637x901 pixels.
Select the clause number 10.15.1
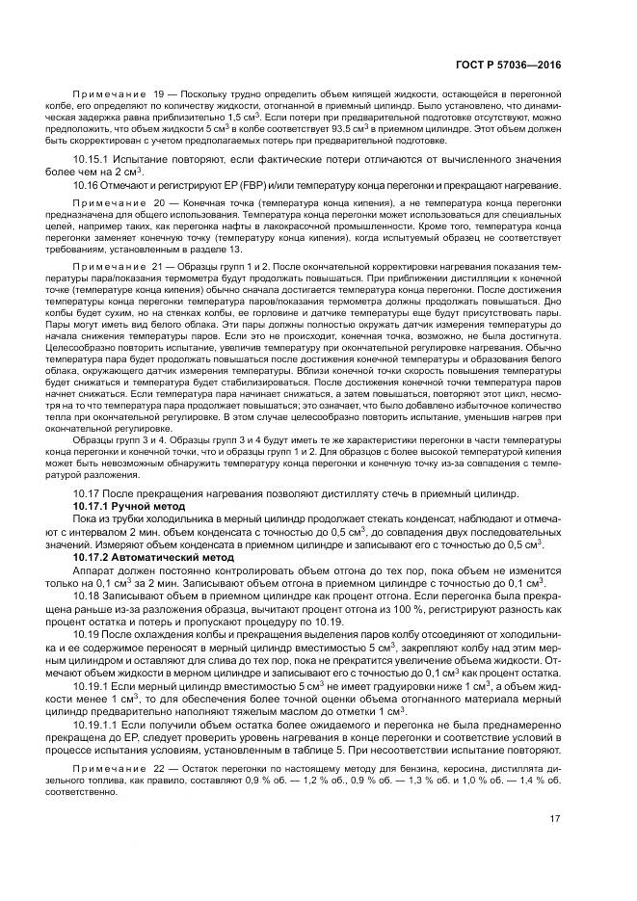pos(93,156)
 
